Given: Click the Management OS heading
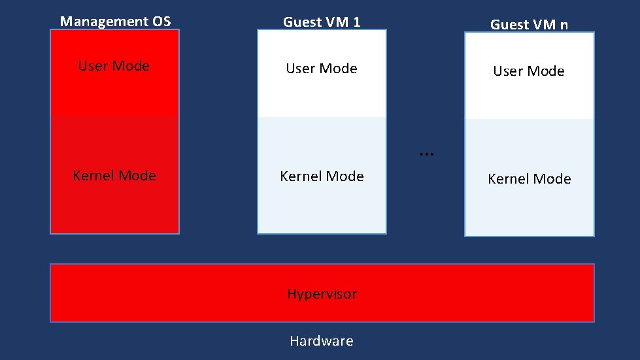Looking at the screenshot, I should tap(115, 22).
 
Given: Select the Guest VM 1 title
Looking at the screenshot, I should tap(321, 22).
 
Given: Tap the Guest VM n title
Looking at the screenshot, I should tap(529, 25).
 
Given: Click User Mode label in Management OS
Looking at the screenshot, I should tap(114, 66).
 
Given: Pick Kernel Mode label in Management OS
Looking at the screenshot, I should tap(114, 176).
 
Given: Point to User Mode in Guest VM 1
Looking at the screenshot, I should tap(321, 69).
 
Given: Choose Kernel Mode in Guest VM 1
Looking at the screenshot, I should tap(322, 176).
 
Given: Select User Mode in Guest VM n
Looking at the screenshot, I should tap(528, 71).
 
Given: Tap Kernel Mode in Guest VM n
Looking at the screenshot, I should tap(529, 179).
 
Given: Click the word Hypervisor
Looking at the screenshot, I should tap(322, 294).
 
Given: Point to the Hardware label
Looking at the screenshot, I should tap(321, 341).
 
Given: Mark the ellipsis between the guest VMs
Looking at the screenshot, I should tap(426, 153).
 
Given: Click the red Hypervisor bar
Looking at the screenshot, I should tap(458, 293).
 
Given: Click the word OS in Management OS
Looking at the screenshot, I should tap(160, 22).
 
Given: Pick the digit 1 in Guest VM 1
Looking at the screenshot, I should tap(356, 22).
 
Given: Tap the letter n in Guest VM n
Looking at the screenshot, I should tap(564, 25).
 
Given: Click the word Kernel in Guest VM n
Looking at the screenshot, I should tap(507, 179).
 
